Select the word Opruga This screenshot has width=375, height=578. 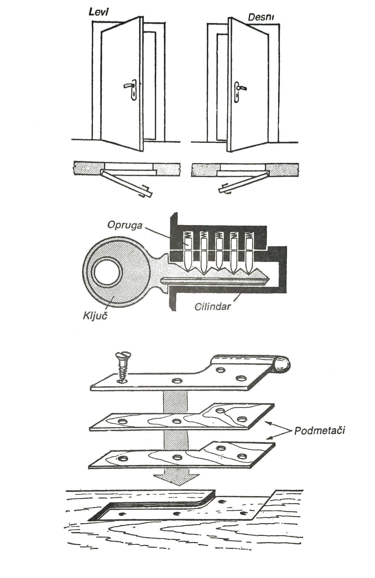[125, 225]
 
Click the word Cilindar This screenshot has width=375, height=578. [212, 306]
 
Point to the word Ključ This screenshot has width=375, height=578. [95, 316]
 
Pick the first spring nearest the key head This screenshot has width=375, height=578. [189, 236]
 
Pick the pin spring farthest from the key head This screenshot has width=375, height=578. [249, 236]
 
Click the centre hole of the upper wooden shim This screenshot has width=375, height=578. [177, 421]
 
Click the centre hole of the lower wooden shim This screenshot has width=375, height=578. [177, 457]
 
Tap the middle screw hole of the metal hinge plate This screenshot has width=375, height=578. [177, 380]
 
